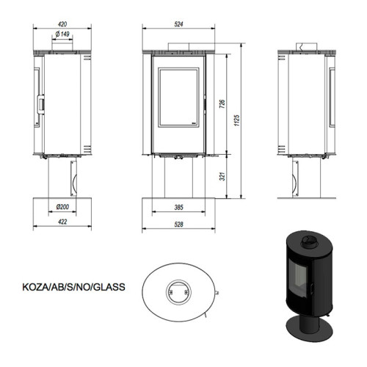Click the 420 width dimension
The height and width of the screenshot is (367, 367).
click(x=63, y=23)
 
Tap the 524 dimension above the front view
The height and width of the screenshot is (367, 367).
click(x=179, y=23)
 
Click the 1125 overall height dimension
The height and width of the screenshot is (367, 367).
click(x=237, y=121)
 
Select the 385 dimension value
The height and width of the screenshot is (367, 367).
click(x=178, y=208)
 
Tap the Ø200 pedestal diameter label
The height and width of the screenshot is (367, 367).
click(x=63, y=208)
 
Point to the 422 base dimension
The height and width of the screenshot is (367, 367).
click(x=63, y=222)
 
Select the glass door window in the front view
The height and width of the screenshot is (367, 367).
click(x=178, y=98)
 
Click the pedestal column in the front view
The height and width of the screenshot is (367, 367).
click(x=178, y=178)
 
